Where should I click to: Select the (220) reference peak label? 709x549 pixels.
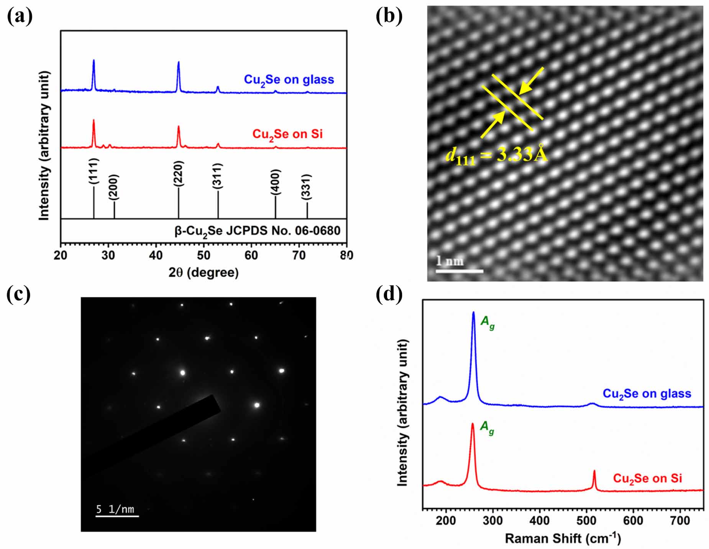[179, 174]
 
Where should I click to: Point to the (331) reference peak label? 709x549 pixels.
[306, 187]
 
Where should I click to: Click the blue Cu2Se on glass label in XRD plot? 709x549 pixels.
[289, 80]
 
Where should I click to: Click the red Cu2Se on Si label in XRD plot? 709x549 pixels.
[287, 134]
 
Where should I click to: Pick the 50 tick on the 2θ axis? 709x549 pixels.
[204, 255]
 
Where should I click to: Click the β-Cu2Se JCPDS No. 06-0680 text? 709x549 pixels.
[258, 231]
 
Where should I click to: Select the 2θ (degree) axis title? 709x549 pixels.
[204, 273]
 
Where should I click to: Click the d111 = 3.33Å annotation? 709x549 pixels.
[497, 155]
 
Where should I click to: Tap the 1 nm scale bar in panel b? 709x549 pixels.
[459, 270]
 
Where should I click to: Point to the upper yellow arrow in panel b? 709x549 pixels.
[531, 81]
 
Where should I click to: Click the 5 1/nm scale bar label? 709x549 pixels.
[115, 509]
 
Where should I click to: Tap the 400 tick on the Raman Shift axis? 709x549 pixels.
[539, 521]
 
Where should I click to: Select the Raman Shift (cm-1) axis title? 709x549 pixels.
[563, 538]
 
